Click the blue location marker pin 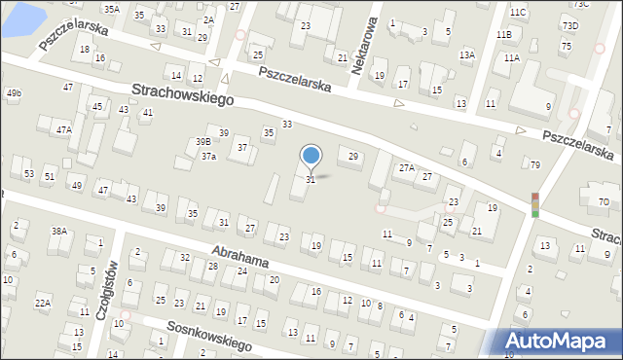(311, 156)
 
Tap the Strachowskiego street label (183, 95)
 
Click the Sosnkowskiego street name (209, 337)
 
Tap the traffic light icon (534, 204)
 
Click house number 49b (14, 93)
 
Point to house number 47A (63, 129)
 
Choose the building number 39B (202, 142)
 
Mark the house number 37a (208, 156)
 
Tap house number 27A (406, 168)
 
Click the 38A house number (59, 231)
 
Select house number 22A (43, 304)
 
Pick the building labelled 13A (467, 55)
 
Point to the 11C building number (518, 12)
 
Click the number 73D (569, 24)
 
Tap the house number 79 (535, 164)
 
